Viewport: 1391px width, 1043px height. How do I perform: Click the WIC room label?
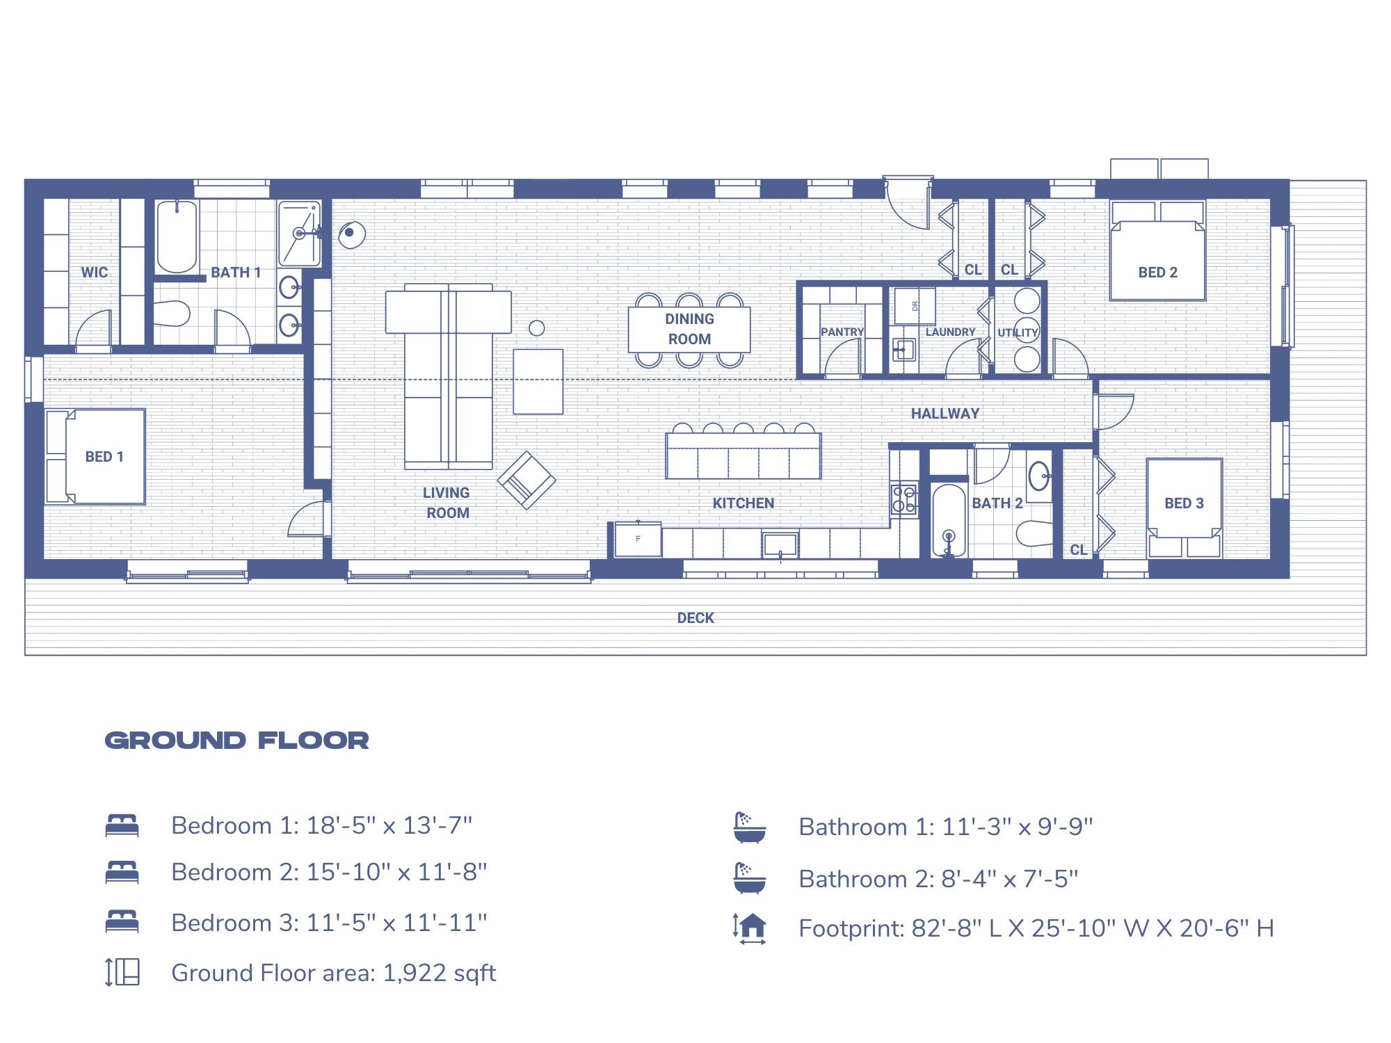tap(94, 272)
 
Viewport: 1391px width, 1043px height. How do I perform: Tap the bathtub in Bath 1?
tap(177, 236)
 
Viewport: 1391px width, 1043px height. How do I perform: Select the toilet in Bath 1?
tap(171, 314)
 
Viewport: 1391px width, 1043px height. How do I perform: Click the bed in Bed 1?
tap(97, 456)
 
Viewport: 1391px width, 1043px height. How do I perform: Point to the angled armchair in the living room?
tap(526, 480)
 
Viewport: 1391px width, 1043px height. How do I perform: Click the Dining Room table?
tap(689, 329)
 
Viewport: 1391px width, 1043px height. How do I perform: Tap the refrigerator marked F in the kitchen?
tap(638, 539)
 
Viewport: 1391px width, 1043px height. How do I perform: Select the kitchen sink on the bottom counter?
tap(780, 544)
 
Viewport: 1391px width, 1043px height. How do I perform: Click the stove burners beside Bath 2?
tap(903, 499)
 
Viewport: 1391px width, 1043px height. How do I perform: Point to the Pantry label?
tap(842, 332)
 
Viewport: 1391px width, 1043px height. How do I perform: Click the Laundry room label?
tap(950, 332)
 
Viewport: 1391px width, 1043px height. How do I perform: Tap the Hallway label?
tap(944, 413)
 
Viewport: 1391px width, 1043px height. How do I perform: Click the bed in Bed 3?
tap(1184, 506)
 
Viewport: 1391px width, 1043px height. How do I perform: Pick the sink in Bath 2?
tap(1039, 476)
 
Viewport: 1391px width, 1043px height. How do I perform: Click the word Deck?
tap(695, 617)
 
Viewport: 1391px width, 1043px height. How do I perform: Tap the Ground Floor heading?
tap(236, 740)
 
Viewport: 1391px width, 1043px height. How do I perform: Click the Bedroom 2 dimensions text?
tap(329, 872)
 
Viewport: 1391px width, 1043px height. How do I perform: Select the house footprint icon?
tap(750, 928)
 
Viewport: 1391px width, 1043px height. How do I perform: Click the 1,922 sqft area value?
tap(440, 973)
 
